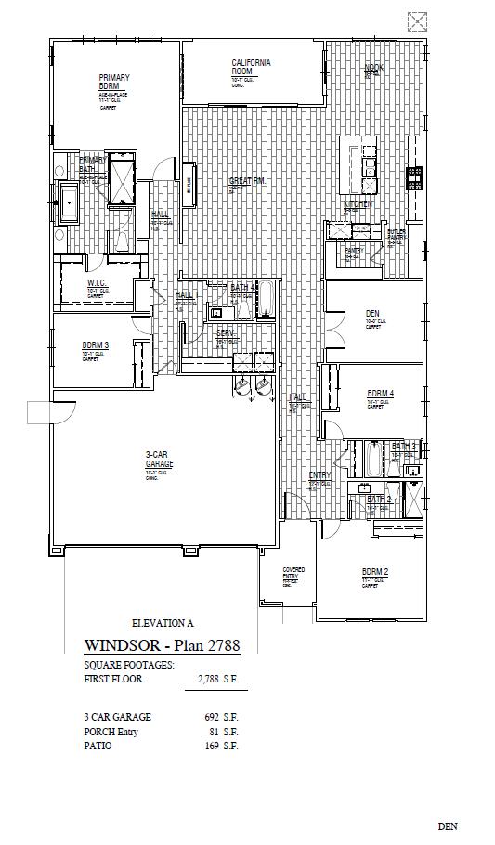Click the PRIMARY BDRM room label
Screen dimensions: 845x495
point(114,82)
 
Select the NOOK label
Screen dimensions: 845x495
point(373,68)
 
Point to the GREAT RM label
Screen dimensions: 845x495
point(247,181)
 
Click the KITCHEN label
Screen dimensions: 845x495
point(358,203)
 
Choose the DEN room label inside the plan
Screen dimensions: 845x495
point(372,313)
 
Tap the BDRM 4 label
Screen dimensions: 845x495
point(380,394)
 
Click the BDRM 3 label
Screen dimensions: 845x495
point(95,345)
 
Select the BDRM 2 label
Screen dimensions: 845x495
point(375,571)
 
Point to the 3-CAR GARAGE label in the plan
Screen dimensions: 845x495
point(159,460)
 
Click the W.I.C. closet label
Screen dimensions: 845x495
point(99,283)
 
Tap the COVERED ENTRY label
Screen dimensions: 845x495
point(292,573)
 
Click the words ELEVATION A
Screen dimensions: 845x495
point(163,624)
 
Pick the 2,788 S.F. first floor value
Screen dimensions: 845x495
point(218,680)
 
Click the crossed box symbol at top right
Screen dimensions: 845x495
point(417,20)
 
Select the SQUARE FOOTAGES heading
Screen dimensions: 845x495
point(129,665)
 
